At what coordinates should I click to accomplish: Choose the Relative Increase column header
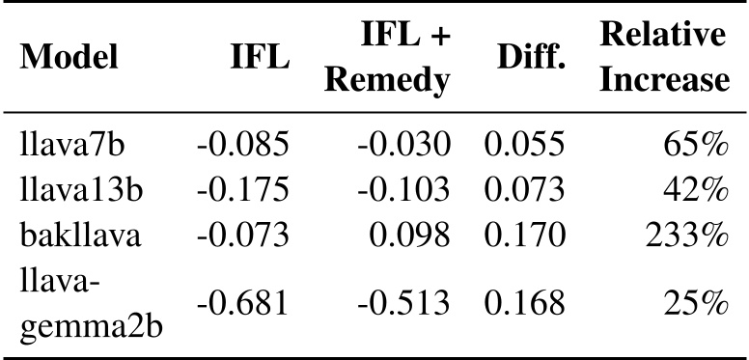663,61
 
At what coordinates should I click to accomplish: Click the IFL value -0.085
242,146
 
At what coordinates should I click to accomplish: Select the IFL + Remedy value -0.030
404,146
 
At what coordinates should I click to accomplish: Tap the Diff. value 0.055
524,146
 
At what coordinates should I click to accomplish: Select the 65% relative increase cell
696,146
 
